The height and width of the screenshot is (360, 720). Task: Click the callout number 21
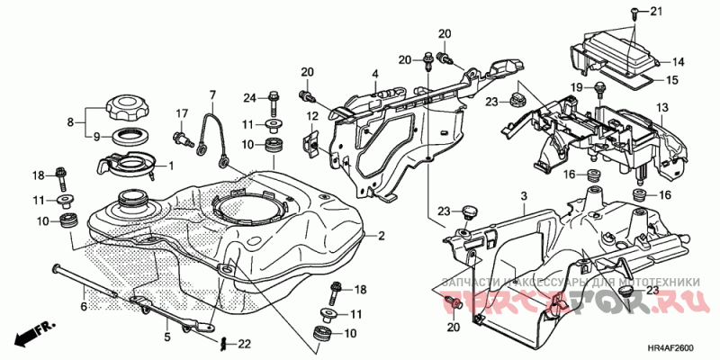pyautogui.click(x=655, y=11)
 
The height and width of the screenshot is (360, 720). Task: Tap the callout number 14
pyautogui.click(x=678, y=62)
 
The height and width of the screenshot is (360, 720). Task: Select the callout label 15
pyautogui.click(x=671, y=80)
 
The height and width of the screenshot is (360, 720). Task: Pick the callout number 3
pyautogui.click(x=522, y=195)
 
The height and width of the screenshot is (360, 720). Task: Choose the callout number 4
pyautogui.click(x=375, y=73)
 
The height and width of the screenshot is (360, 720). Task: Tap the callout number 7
pyautogui.click(x=214, y=94)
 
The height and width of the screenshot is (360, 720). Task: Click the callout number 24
pyautogui.click(x=249, y=96)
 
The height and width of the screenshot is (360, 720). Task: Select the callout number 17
pyautogui.click(x=181, y=112)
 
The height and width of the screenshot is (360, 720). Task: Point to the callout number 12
pyautogui.click(x=312, y=115)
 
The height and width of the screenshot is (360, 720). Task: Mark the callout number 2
pyautogui.click(x=382, y=237)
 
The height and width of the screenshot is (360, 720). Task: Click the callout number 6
pyautogui.click(x=84, y=307)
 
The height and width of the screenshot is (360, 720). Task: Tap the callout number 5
pyautogui.click(x=166, y=337)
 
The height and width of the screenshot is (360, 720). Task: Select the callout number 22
pyautogui.click(x=244, y=344)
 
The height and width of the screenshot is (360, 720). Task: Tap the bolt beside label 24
pyautogui.click(x=273, y=97)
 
